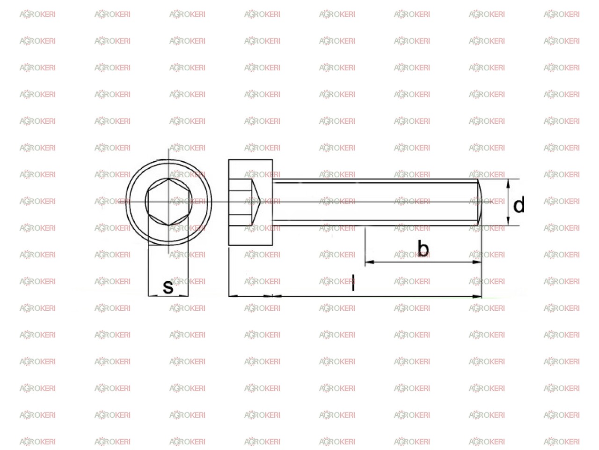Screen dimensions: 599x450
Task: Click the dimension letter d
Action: [519, 204]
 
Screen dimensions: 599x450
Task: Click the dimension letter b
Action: [423, 248]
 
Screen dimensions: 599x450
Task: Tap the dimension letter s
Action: [168, 287]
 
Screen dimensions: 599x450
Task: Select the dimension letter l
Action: [353, 283]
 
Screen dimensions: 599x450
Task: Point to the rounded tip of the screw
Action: [480, 202]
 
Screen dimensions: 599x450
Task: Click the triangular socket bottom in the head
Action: [256, 202]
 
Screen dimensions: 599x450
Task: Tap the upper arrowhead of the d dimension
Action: [508, 184]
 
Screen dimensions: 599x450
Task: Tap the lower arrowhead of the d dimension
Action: [508, 221]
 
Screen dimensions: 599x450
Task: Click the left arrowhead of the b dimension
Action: [370, 262]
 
